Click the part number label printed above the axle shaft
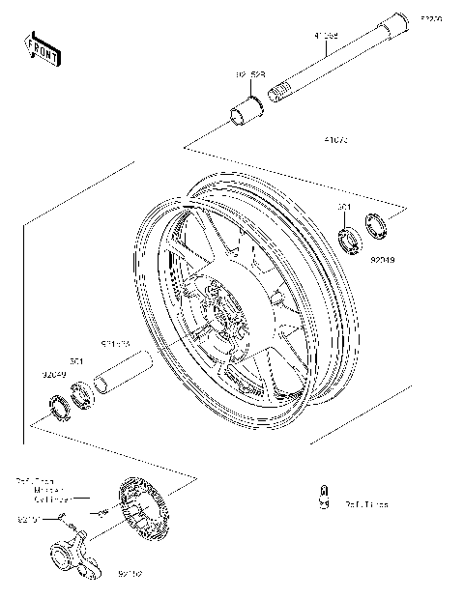[325, 37]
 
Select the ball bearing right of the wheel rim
[349, 236]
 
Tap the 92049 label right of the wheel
[382, 259]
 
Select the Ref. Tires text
[366, 503]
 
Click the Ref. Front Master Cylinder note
[43, 490]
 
